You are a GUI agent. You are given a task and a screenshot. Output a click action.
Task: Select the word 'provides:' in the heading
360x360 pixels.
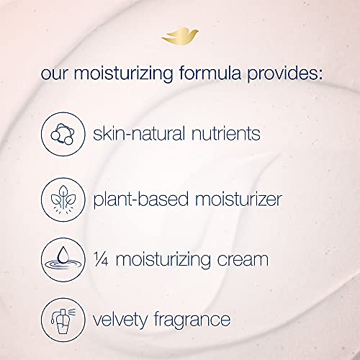click(x=287, y=75)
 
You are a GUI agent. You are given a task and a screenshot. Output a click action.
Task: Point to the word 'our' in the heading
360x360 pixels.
click(x=55, y=76)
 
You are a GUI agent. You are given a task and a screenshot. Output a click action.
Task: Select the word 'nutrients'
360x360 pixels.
click(x=224, y=134)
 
